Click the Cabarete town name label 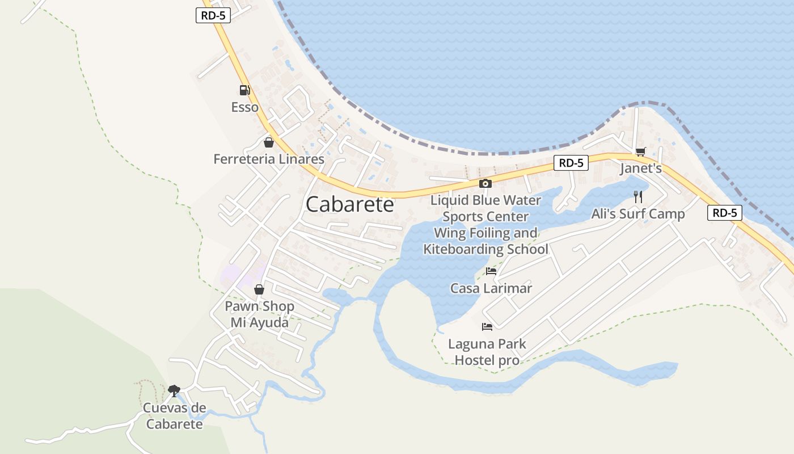tap(349, 205)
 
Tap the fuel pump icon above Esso tap(244, 90)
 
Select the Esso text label tap(244, 107)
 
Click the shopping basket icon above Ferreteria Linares tap(269, 142)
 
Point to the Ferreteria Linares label tap(269, 159)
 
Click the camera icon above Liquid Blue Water tap(485, 183)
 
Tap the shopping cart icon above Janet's tap(641, 152)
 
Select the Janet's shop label tap(641, 169)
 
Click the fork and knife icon tap(639, 197)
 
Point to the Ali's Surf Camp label tap(638, 214)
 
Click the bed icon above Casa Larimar tap(491, 271)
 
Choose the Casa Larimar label tap(491, 288)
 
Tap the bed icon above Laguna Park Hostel tap(487, 327)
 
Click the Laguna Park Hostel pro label tap(487, 352)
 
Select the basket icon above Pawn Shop tap(259, 290)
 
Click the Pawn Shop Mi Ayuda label tap(259, 314)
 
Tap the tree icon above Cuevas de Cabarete tap(174, 390)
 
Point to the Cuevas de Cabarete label tap(174, 416)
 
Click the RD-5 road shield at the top tap(213, 15)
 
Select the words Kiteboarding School tap(486, 249)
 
